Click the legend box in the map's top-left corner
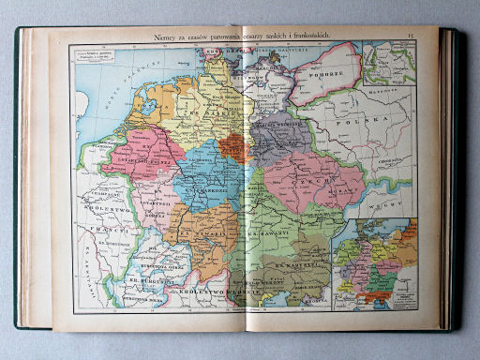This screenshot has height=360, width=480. (94, 55)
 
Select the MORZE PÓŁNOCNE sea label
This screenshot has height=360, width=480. (122, 80)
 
